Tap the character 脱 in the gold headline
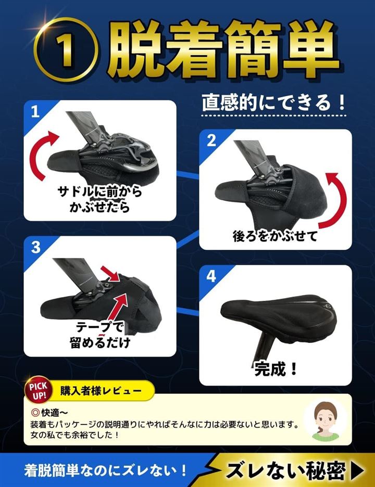tap(136, 49)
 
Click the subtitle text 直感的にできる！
tap(273, 102)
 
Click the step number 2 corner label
tap(211, 140)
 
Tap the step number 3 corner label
tap(36, 248)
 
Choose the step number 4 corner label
tap(211, 276)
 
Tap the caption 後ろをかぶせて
tap(275, 236)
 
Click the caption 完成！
tap(276, 369)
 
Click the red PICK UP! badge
tap(38, 390)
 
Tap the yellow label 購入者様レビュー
tap(101, 391)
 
